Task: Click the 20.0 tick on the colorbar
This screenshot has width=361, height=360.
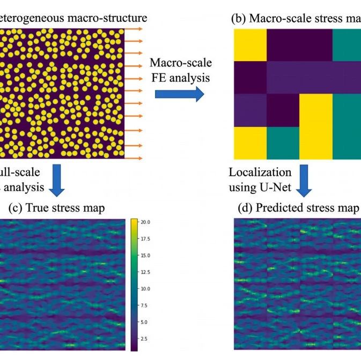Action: tap(145, 221)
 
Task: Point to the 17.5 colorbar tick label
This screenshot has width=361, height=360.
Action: tap(145, 238)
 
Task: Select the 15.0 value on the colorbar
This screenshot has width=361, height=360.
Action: tap(145, 255)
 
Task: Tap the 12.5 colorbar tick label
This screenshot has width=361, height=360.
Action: tap(145, 272)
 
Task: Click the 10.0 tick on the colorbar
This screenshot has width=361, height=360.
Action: tap(145, 289)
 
